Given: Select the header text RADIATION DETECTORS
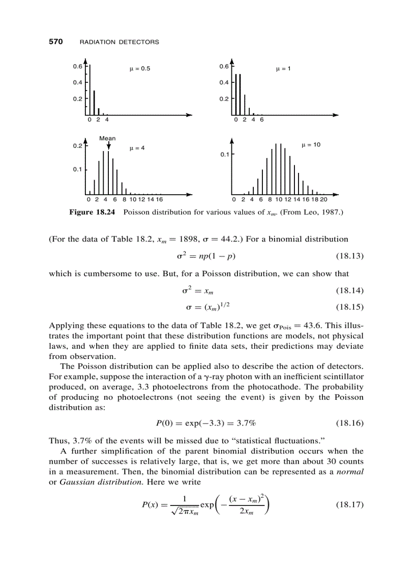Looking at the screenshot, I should pos(120,42).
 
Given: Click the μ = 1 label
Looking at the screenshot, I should pos(283,69).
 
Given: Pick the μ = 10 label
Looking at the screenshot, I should pos(311,145).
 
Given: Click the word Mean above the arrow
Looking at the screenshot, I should pos(107,138).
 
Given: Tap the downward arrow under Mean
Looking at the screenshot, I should pos(108,146).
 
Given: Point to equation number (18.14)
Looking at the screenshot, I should pos(350,290).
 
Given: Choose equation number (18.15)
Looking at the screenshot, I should pos(350,307).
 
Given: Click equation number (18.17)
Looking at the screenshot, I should pos(350,505).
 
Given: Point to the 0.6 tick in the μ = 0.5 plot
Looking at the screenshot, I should pos(77,66).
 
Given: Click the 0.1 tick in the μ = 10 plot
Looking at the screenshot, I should pos(224,154).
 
